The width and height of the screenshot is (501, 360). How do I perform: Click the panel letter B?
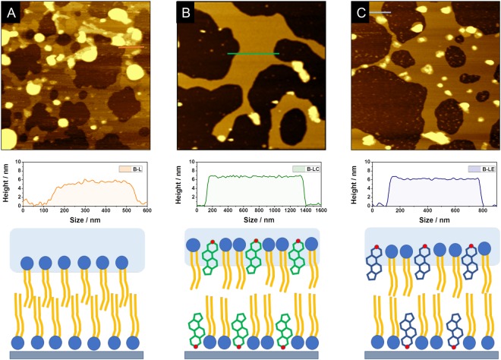[x=186, y=11]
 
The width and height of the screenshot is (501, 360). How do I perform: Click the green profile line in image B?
[x=253, y=54]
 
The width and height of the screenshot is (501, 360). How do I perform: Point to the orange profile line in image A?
[x=131, y=48]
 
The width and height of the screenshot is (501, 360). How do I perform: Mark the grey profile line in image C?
[x=381, y=12]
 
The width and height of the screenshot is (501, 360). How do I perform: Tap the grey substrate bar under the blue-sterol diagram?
[x=431, y=355]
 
